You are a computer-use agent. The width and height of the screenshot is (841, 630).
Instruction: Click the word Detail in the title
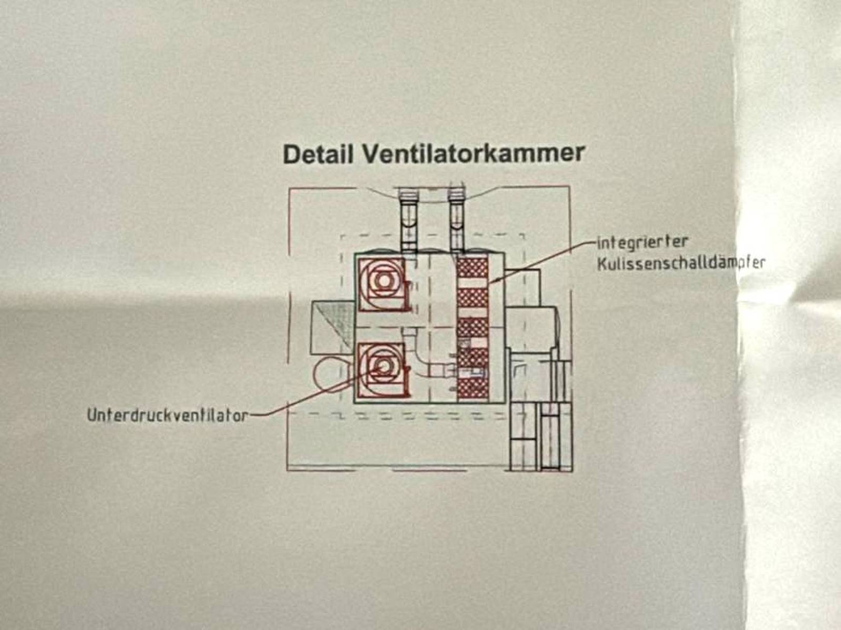(x=317, y=154)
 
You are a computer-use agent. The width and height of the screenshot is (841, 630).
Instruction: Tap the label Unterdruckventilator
(x=168, y=415)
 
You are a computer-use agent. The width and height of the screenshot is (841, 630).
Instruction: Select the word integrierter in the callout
(x=642, y=242)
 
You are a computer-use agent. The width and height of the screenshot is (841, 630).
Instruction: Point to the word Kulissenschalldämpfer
(x=681, y=263)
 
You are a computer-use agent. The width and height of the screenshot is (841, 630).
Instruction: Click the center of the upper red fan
(x=383, y=281)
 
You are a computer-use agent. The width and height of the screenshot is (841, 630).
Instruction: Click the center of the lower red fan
(x=383, y=367)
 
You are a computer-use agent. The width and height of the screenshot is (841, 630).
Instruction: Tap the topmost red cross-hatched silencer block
(x=473, y=268)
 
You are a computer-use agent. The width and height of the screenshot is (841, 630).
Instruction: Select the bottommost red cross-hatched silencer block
(x=473, y=388)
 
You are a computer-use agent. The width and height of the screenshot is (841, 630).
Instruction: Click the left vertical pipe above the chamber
(x=408, y=221)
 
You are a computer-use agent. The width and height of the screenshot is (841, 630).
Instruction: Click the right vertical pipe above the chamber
(x=457, y=221)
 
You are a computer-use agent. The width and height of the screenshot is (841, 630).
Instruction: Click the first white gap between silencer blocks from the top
(x=473, y=283)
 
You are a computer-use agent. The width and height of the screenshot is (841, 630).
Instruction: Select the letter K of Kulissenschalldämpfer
(x=601, y=263)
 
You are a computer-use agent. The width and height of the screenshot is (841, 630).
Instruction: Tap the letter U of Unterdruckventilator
(x=91, y=415)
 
